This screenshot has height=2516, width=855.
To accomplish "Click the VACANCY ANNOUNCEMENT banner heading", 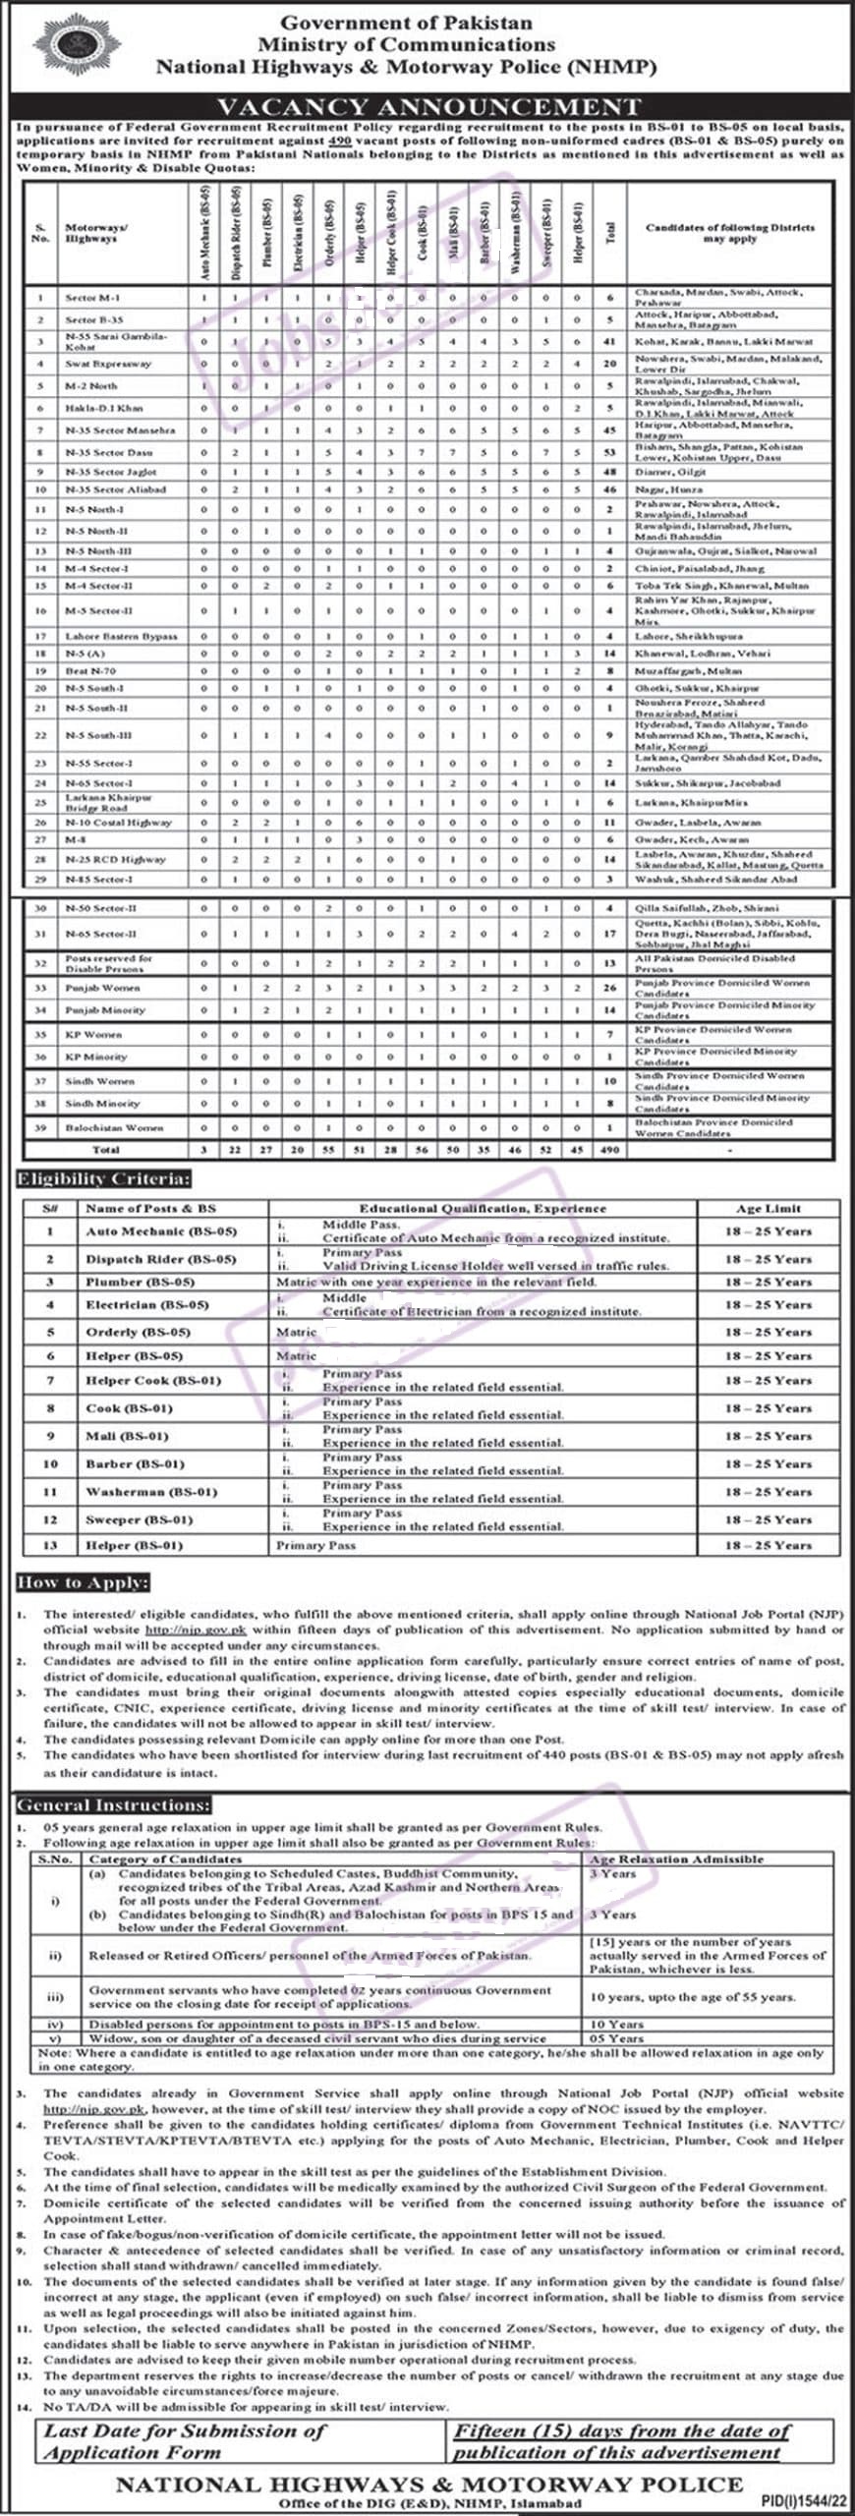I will click(428, 106).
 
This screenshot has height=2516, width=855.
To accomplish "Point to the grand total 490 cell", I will click(609, 1149).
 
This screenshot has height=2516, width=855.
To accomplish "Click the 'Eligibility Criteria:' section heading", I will click(102, 1178).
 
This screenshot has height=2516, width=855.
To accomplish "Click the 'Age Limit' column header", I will click(769, 1208).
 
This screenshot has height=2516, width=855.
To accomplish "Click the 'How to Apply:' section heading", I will click(83, 1582).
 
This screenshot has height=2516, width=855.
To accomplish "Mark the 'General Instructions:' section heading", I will click(113, 1805).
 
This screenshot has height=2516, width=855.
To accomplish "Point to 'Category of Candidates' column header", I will click(165, 1858).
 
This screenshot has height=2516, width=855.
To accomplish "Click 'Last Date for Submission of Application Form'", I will click(185, 2441).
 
